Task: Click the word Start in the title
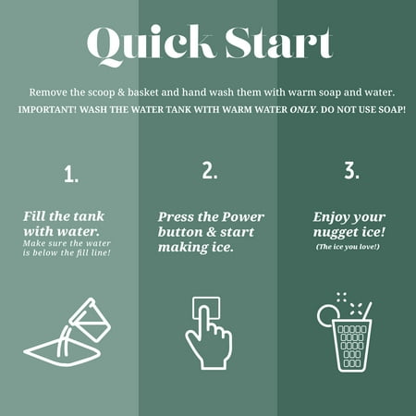pos(279,43)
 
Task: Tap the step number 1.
pos(71,174)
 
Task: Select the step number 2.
pos(210,170)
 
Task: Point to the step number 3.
pos(351,170)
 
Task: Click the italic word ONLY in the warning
pos(303,109)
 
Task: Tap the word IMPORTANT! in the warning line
pos(47,109)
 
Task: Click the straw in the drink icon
pos(368,311)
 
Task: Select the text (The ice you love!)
pos(348,247)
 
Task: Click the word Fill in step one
pos(34,216)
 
